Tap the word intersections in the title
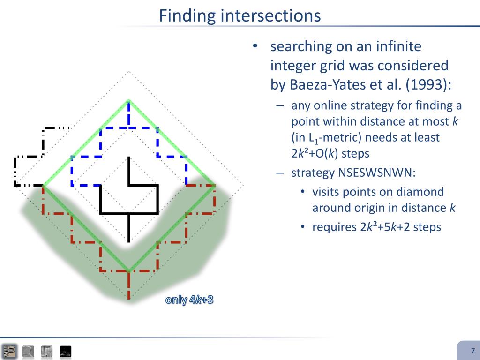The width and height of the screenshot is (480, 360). tap(270, 15)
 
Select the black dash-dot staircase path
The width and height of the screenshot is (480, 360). tap(42, 145)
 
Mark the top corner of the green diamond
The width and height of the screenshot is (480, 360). tap(129, 100)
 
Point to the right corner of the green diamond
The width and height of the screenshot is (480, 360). tap(215, 186)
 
